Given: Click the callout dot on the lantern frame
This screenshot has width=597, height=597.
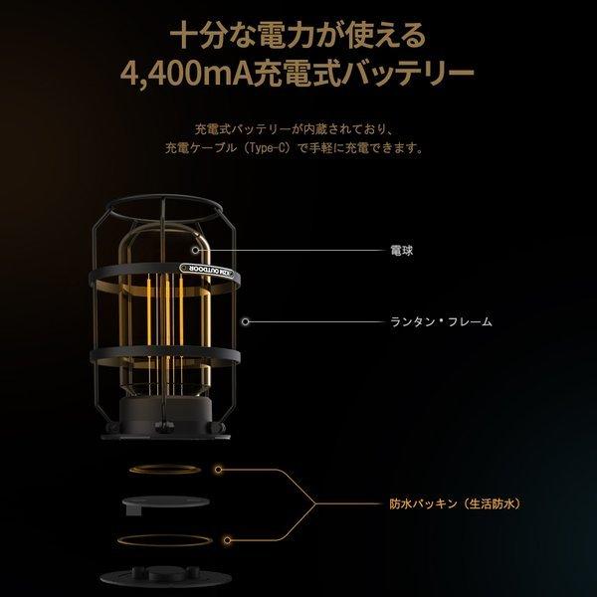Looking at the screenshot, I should (245, 322).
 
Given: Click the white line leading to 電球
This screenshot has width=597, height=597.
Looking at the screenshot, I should (298, 251).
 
